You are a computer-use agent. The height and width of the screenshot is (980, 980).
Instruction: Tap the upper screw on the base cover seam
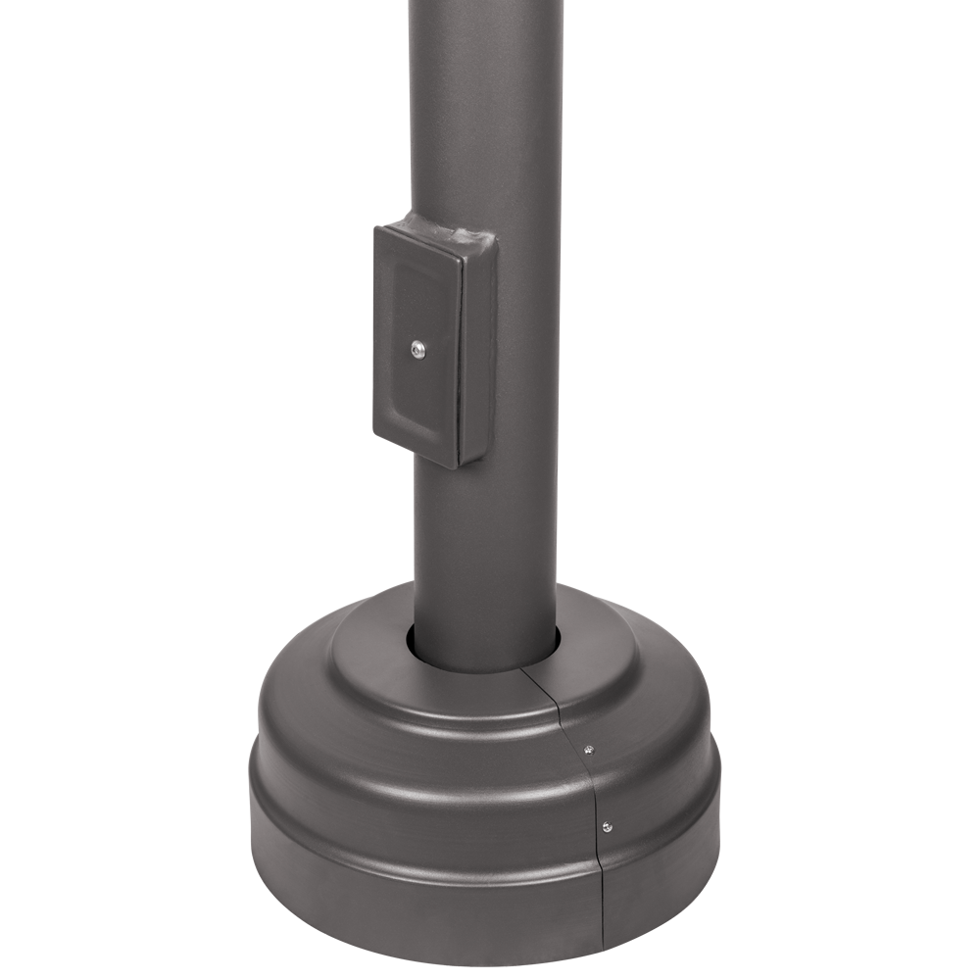[588, 750]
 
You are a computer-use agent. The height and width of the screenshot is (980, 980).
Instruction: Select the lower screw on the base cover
[607, 826]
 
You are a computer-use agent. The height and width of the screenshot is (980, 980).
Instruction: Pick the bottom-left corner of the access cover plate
[376, 433]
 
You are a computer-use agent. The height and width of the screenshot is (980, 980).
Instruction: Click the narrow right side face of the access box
[476, 353]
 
